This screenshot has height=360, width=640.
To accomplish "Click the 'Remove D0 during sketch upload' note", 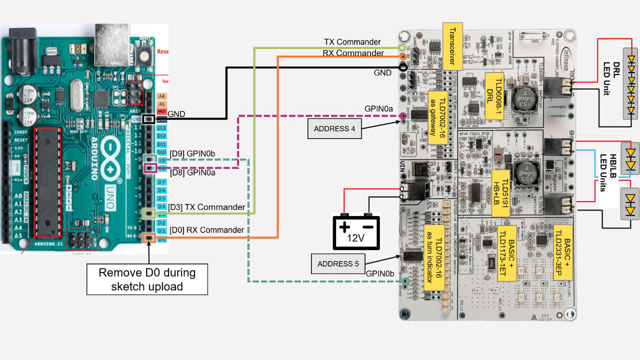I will [147, 279].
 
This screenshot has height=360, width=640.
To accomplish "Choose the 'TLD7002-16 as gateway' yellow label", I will [437, 117].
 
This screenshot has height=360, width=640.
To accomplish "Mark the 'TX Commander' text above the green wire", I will [352, 42].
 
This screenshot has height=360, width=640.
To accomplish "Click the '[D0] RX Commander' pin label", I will [206, 230].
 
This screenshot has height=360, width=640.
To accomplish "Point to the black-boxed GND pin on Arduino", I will [148, 119].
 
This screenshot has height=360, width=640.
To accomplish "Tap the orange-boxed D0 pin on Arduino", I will [148, 238].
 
